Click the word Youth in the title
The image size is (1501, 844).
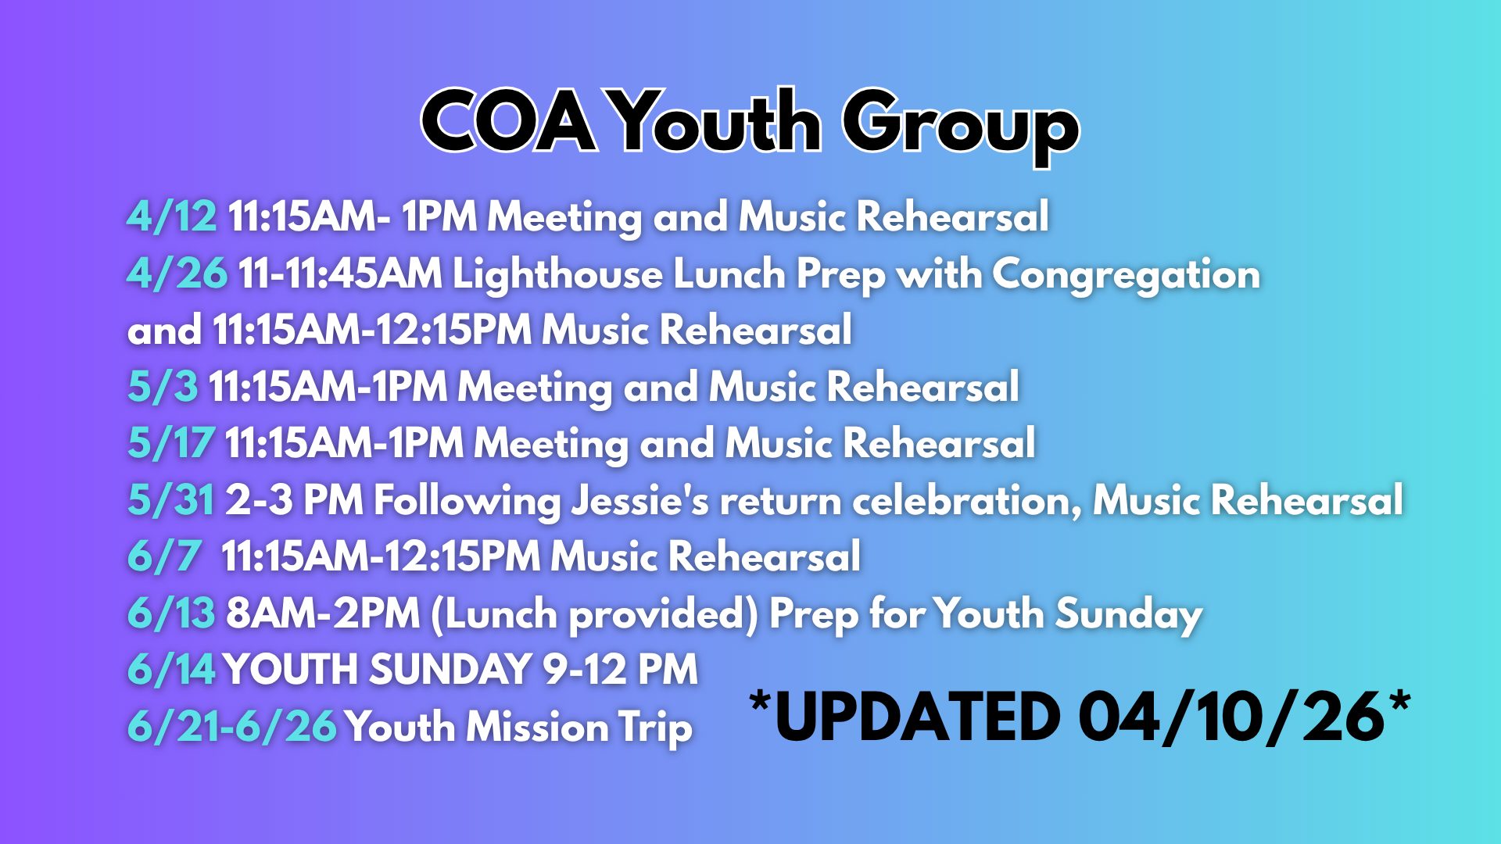coord(715,122)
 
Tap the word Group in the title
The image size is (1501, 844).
coord(960,127)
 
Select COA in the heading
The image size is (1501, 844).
coord(508,120)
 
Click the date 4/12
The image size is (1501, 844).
coord(172,216)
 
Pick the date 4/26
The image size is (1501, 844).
coord(177,274)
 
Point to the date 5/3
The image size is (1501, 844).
coord(163,386)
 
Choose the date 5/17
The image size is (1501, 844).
coord(170,442)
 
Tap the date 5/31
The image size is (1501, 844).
coord(170,499)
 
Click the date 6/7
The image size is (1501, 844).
coord(164,556)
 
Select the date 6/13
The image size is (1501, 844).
coord(171,613)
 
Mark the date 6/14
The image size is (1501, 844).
coord(171,669)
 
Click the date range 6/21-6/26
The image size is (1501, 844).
coord(232,726)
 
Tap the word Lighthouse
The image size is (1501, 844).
coord(557,274)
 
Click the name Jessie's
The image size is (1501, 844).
coord(640,500)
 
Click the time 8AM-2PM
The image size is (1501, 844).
coord(323,613)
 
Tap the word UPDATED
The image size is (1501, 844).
coord(917,717)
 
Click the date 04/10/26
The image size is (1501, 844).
coord(1232,717)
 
